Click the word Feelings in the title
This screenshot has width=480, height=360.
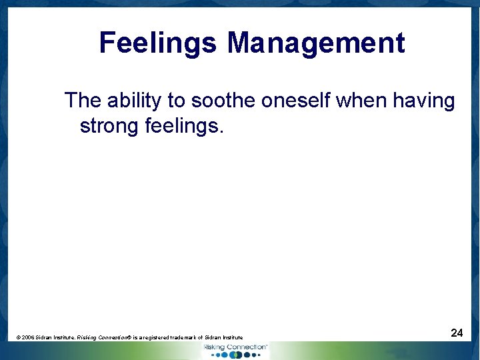157,44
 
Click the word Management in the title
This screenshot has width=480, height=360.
315,44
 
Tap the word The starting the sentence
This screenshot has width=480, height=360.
83,101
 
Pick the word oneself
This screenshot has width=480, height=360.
296,101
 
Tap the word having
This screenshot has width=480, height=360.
424,101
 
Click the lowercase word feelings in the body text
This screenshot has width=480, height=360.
179,125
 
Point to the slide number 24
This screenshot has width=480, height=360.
457,333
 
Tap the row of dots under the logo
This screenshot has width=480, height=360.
235,355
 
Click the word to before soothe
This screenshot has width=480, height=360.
176,101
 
